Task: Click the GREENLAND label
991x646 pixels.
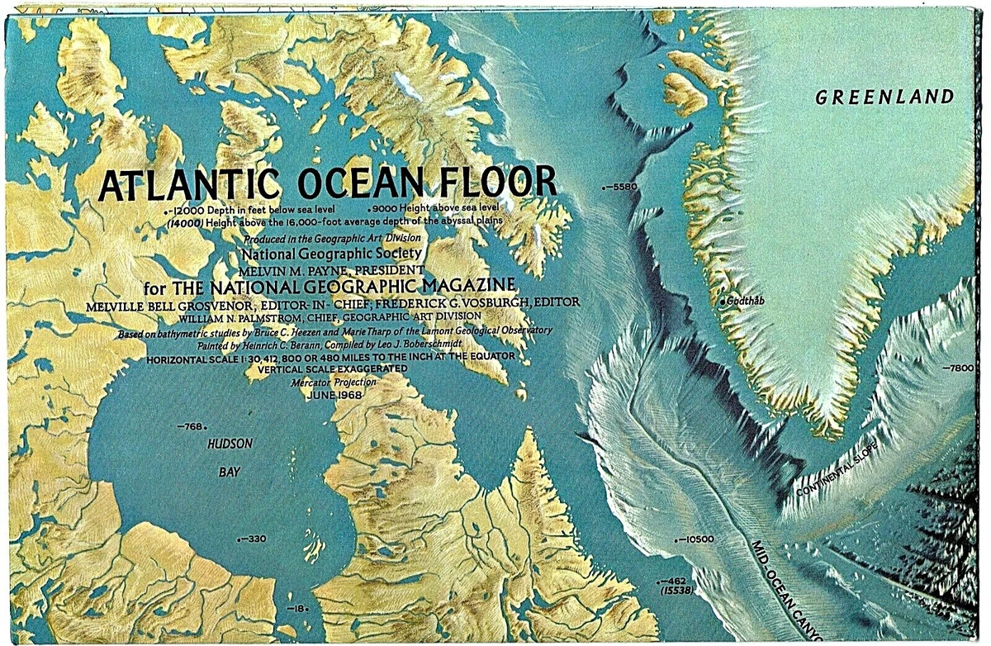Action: click(x=884, y=97)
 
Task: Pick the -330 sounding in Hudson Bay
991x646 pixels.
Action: click(x=254, y=539)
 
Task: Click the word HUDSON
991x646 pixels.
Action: click(x=230, y=444)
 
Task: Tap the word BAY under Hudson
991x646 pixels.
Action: click(x=230, y=473)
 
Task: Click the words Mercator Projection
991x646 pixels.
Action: click(x=334, y=382)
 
